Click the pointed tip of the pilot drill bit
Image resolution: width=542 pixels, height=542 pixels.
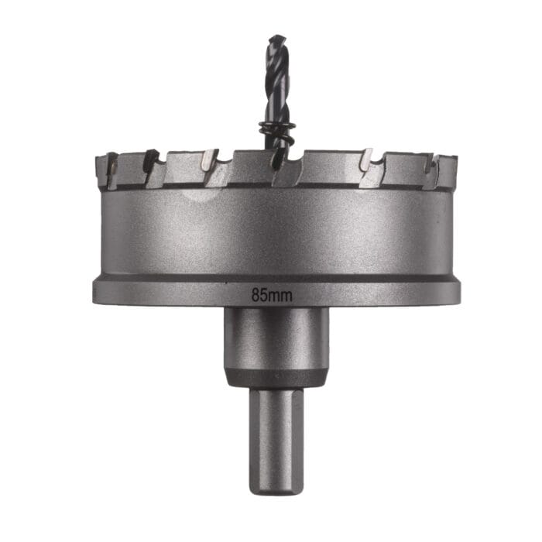pos(276,37)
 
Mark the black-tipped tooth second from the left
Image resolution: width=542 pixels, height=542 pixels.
pos(151,160)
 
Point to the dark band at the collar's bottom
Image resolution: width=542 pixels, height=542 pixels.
pos(276,377)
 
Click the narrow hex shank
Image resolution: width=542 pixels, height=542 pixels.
pos(276,434)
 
